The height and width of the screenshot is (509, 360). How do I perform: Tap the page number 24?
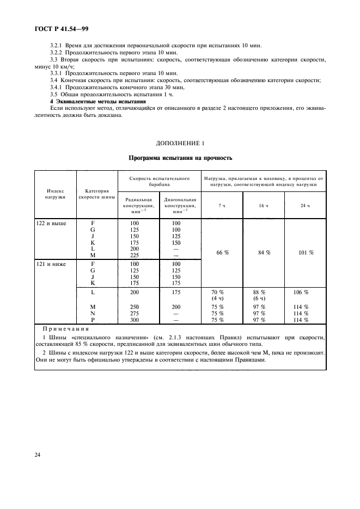point(39,455)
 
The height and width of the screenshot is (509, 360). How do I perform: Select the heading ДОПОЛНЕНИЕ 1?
point(180,144)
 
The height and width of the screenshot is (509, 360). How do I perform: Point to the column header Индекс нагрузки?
point(56,194)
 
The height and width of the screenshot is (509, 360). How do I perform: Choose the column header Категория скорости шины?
point(97,194)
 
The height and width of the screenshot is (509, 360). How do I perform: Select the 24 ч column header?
point(305,205)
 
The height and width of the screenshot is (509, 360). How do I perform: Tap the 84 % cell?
point(264,252)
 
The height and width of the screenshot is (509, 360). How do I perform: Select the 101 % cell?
point(305,252)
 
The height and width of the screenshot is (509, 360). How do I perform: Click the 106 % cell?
point(301,293)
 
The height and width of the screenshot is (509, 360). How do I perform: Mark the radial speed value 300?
point(134,320)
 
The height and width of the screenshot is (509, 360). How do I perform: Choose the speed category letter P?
point(93,320)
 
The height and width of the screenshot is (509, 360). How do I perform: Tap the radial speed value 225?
point(134,254)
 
